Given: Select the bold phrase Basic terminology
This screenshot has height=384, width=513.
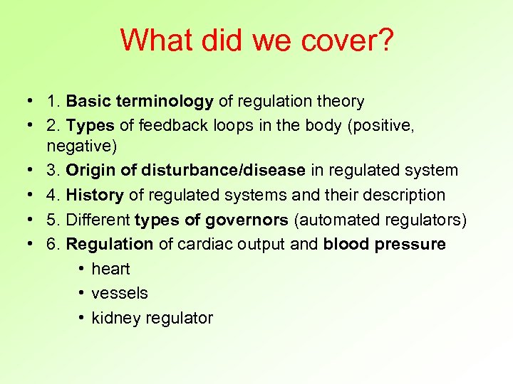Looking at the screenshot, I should [x=140, y=102].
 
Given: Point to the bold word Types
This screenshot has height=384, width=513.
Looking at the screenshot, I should [x=90, y=126].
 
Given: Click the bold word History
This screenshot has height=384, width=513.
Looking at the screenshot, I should [x=95, y=195].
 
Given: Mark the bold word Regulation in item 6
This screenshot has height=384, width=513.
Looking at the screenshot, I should [x=110, y=244].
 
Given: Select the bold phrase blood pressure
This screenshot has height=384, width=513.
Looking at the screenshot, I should [x=384, y=244].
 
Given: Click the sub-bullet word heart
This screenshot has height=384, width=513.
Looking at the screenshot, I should [x=110, y=269].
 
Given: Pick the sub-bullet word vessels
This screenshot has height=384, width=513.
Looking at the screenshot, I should [x=120, y=293].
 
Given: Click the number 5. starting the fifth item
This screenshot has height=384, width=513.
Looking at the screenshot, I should [x=53, y=220].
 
